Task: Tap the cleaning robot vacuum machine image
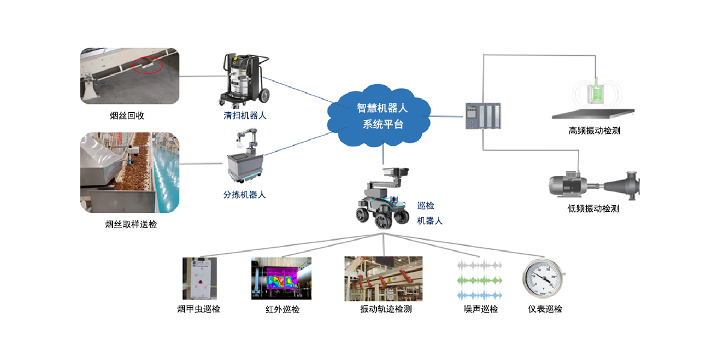pyautogui.click(x=245, y=80)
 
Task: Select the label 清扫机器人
pyautogui.click(x=245, y=116)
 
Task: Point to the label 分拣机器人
pyautogui.click(x=244, y=194)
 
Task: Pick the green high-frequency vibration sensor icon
pyautogui.click(x=595, y=94)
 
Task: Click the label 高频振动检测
pyautogui.click(x=594, y=130)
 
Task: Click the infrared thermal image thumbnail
pyautogui.click(x=281, y=278)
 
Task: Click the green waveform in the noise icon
pyautogui.click(x=479, y=280)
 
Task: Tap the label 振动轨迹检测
pyautogui.click(x=386, y=310)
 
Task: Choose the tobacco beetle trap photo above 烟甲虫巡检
pyautogui.click(x=199, y=278)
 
